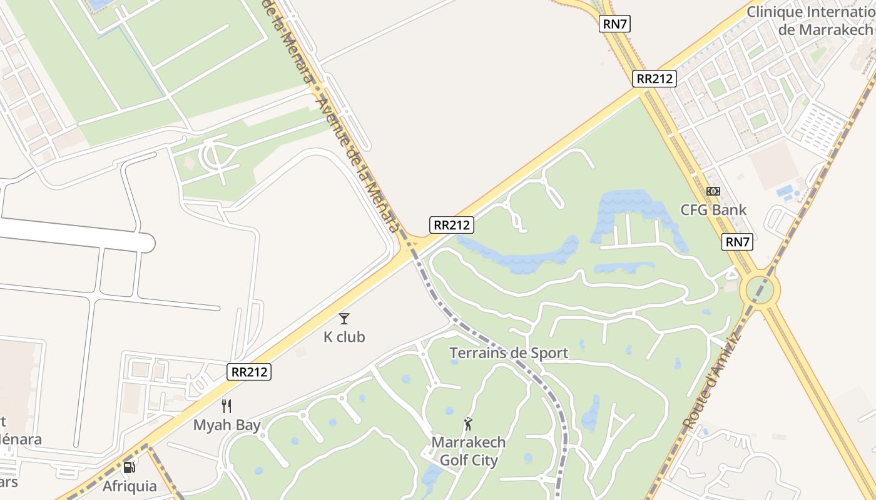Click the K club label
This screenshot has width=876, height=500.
(x=344, y=337)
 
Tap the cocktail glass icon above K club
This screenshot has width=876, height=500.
(x=344, y=319)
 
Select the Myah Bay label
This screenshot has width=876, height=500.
(x=227, y=425)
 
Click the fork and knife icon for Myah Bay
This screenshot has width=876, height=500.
(x=227, y=406)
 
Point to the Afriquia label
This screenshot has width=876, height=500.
(x=130, y=486)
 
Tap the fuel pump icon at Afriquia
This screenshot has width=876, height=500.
(x=130, y=467)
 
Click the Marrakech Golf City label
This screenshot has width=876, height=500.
(x=469, y=451)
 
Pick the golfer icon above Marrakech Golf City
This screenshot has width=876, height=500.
(x=468, y=424)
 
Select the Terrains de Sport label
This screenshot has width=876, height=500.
(x=509, y=353)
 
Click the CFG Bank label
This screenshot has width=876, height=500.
(x=713, y=209)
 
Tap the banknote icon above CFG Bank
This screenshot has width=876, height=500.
(x=713, y=191)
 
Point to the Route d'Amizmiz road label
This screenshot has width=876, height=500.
(x=712, y=381)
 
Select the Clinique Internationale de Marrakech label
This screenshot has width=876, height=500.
(x=812, y=21)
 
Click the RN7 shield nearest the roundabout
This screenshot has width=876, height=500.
(x=738, y=242)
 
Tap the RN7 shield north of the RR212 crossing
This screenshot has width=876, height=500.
(x=615, y=24)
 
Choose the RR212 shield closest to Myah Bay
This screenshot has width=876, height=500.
(x=250, y=372)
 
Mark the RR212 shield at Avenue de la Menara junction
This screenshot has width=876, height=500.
(x=451, y=225)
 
